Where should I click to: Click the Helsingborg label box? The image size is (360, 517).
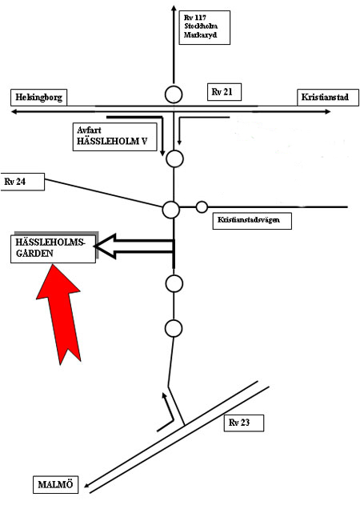(38, 98)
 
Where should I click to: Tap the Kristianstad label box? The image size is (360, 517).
(328, 98)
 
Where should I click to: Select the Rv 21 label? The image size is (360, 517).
(224, 92)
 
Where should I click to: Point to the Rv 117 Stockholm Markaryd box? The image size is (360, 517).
(204, 27)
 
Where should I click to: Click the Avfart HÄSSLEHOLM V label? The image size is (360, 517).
(114, 137)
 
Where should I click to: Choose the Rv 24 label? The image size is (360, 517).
(22, 182)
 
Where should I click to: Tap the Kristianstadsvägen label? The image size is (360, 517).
(252, 221)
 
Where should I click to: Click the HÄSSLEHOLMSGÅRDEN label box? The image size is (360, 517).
(53, 249)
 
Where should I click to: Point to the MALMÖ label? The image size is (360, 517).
(55, 485)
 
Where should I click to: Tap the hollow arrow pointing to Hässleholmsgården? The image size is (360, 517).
(134, 246)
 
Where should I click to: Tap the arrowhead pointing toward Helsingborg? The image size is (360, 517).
(14, 112)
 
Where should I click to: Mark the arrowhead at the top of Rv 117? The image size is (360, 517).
(174, 9)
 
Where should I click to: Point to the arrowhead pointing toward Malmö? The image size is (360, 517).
(87, 485)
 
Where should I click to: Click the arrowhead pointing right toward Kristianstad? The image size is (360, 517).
(327, 112)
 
